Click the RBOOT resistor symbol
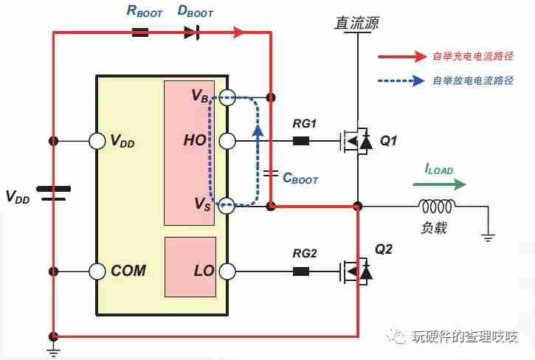(x=140, y=32)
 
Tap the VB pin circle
(x=227, y=97)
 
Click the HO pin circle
(x=227, y=141)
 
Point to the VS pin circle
(x=227, y=206)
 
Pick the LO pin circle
(x=227, y=271)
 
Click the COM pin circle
(x=97, y=271)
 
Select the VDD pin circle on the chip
(x=97, y=141)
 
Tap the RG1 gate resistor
(x=301, y=141)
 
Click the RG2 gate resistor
(x=301, y=271)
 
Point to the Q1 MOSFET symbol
(x=356, y=141)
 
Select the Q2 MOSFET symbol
(x=356, y=271)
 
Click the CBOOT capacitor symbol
(x=271, y=173)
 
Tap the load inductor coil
(x=437, y=206)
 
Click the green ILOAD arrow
(x=440, y=184)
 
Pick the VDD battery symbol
(x=54, y=193)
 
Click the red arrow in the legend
(x=402, y=56)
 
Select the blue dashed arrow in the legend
(x=401, y=81)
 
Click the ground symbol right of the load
(x=488, y=238)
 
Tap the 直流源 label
(x=356, y=23)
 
